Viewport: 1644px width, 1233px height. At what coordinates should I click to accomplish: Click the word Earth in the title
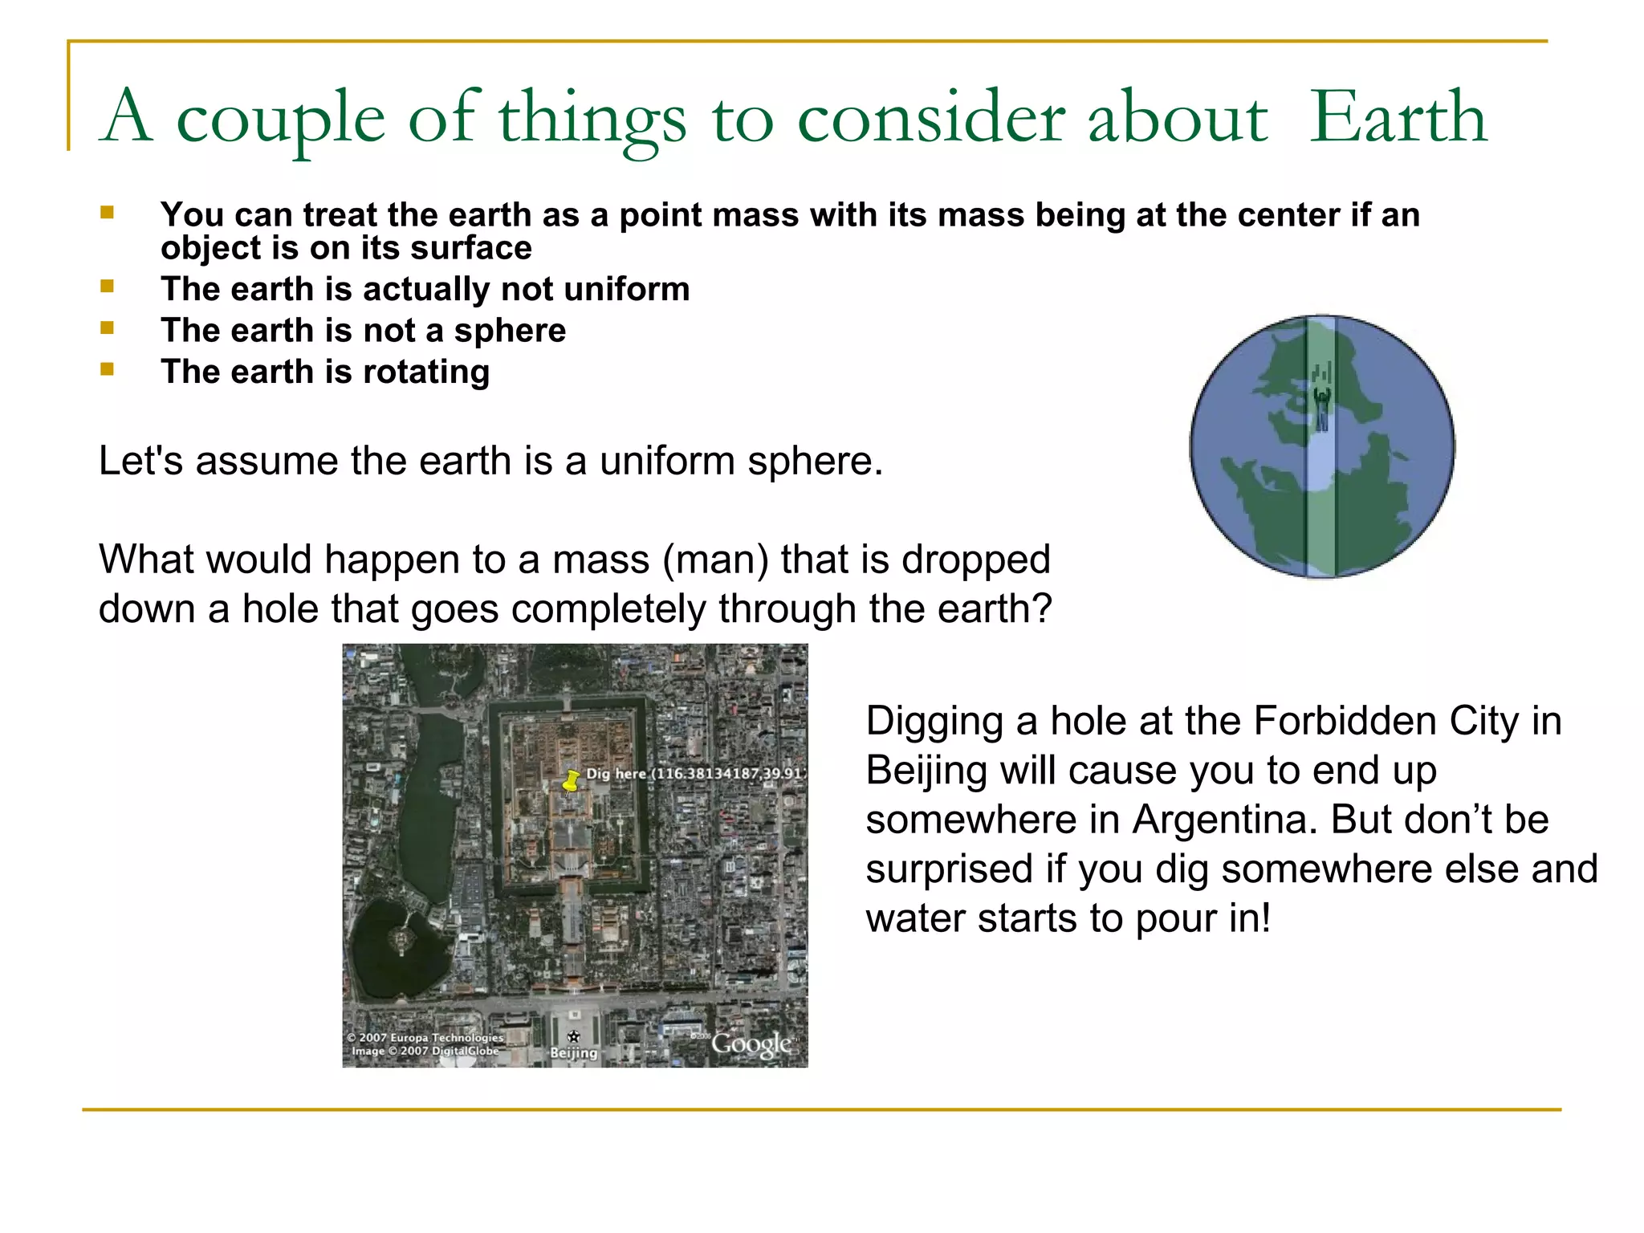pos(1398,118)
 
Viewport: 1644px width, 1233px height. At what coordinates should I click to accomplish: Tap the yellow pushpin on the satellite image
pos(571,780)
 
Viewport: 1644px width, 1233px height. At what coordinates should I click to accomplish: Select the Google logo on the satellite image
pos(751,1044)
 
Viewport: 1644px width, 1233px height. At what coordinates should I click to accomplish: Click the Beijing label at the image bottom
pos(573,1052)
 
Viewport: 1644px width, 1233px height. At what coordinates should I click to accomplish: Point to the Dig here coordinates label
pos(695,774)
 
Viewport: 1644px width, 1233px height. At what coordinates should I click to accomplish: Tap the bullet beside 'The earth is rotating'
pos(107,369)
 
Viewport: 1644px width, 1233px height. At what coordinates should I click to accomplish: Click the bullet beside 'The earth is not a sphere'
pos(107,328)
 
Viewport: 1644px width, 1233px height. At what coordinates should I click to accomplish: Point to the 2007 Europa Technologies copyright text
pos(425,1037)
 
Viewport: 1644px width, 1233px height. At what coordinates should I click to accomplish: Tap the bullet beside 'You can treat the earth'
pos(107,214)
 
